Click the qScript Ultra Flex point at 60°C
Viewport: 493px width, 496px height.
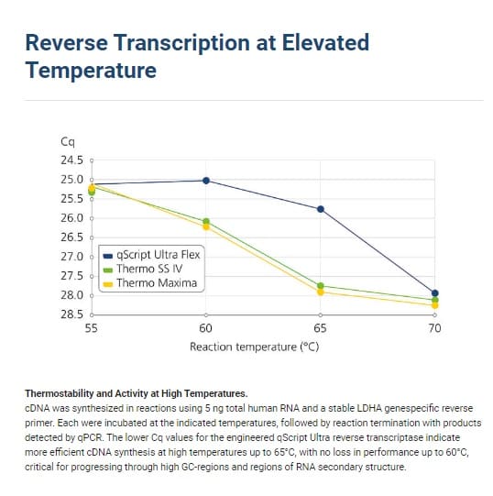pyautogui.click(x=206, y=181)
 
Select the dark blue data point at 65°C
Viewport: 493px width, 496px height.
pyautogui.click(x=321, y=209)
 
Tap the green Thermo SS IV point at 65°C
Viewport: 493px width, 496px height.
pyautogui.click(x=321, y=286)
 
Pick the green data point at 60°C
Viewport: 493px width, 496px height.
pyautogui.click(x=206, y=221)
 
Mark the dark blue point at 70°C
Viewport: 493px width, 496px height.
pyautogui.click(x=435, y=293)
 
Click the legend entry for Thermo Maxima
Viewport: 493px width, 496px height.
pyautogui.click(x=150, y=282)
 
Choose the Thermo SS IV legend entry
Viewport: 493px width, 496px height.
pyautogui.click(x=143, y=269)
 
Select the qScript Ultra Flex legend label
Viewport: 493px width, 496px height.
pyautogui.click(x=152, y=255)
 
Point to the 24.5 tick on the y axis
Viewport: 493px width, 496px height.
pyautogui.click(x=71, y=160)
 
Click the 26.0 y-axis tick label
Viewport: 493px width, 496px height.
pyautogui.click(x=71, y=218)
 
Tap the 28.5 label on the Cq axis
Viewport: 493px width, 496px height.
pyautogui.click(x=71, y=314)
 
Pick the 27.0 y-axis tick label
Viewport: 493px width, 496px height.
pyautogui.click(x=71, y=257)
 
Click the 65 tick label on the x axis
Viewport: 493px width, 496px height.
pyautogui.click(x=320, y=328)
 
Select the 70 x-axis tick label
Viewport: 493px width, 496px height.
pyautogui.click(x=434, y=328)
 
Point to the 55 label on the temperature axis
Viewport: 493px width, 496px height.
pyautogui.click(x=91, y=328)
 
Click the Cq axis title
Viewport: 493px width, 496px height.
pyautogui.click(x=68, y=142)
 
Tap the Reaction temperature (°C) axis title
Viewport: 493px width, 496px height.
pyautogui.click(x=254, y=347)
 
